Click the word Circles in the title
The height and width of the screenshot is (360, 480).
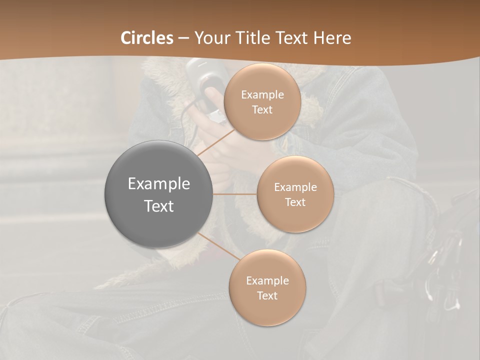[147, 38]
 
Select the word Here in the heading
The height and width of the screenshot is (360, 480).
[332, 38]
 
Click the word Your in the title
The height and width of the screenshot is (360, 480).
[211, 38]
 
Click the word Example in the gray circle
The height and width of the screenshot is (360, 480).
[158, 184]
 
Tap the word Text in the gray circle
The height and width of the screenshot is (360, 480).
[158, 206]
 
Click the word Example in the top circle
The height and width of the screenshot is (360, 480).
[262, 95]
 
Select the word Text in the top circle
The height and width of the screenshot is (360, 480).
[262, 109]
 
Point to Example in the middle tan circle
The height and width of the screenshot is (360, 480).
[295, 187]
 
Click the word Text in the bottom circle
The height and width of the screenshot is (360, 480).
[267, 295]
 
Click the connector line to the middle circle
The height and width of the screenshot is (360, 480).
[235, 193]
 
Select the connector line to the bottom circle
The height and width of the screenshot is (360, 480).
[218, 246]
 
